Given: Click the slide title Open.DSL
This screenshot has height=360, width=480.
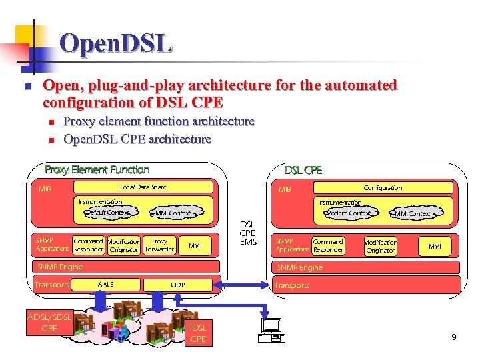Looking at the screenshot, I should (115, 44).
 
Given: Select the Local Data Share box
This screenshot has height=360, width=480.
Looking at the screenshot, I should (143, 187).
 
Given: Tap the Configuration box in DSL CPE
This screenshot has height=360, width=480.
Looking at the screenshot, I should (383, 188).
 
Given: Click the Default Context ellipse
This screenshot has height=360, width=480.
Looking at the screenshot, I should (107, 213).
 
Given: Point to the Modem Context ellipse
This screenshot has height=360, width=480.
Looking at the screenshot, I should (348, 213).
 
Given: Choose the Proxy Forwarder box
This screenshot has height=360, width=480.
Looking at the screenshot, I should (159, 245).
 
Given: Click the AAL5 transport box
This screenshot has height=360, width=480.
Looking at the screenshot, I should (105, 285).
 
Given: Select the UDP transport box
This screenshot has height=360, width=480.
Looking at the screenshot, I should (178, 285).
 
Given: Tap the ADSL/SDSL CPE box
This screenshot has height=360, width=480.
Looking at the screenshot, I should (49, 323).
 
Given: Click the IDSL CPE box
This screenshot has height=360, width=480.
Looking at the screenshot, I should (199, 333).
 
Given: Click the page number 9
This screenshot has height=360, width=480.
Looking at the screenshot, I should (453, 337).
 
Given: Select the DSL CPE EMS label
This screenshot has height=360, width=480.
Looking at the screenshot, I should (247, 233).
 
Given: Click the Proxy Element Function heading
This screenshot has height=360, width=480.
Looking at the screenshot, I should (97, 170).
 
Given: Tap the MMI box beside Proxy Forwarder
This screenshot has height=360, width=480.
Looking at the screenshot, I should (195, 246).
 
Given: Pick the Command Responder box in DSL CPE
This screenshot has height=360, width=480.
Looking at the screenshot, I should (327, 246).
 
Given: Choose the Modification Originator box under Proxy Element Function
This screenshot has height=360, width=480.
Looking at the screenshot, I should (123, 245).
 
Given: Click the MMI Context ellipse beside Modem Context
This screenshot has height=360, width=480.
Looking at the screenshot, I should (412, 214).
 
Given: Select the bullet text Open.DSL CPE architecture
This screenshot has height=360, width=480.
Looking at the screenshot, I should (137, 139).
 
